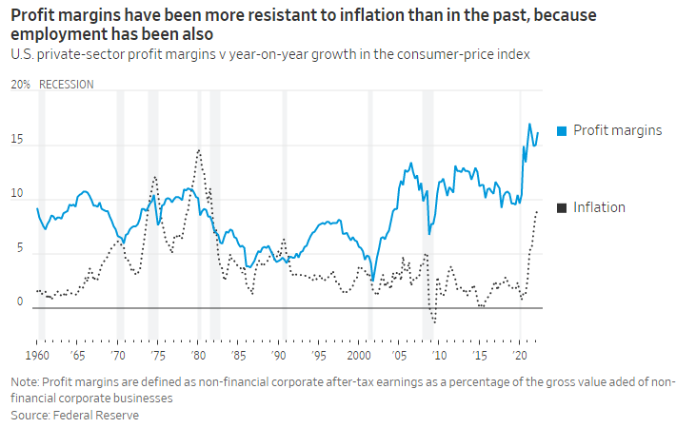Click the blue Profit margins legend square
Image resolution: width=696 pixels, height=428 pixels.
561,130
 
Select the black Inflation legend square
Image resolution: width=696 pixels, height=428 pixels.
561,207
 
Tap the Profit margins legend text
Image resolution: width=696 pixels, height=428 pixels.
617,130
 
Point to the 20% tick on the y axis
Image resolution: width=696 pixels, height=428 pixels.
19,84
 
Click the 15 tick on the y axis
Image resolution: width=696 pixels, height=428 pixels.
16,141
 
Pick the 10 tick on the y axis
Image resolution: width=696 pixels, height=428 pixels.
16,194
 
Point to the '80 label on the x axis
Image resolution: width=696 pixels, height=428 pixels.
197,353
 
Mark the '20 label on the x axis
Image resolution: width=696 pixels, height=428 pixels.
520,353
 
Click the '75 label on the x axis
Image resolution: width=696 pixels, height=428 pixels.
157,353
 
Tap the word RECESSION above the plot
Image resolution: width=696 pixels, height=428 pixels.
67,84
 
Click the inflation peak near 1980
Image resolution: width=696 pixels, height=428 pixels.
198,149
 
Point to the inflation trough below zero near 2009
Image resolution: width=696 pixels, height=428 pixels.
435,322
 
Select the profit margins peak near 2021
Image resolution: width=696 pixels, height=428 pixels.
530,124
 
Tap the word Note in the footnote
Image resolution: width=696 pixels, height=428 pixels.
24,382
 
